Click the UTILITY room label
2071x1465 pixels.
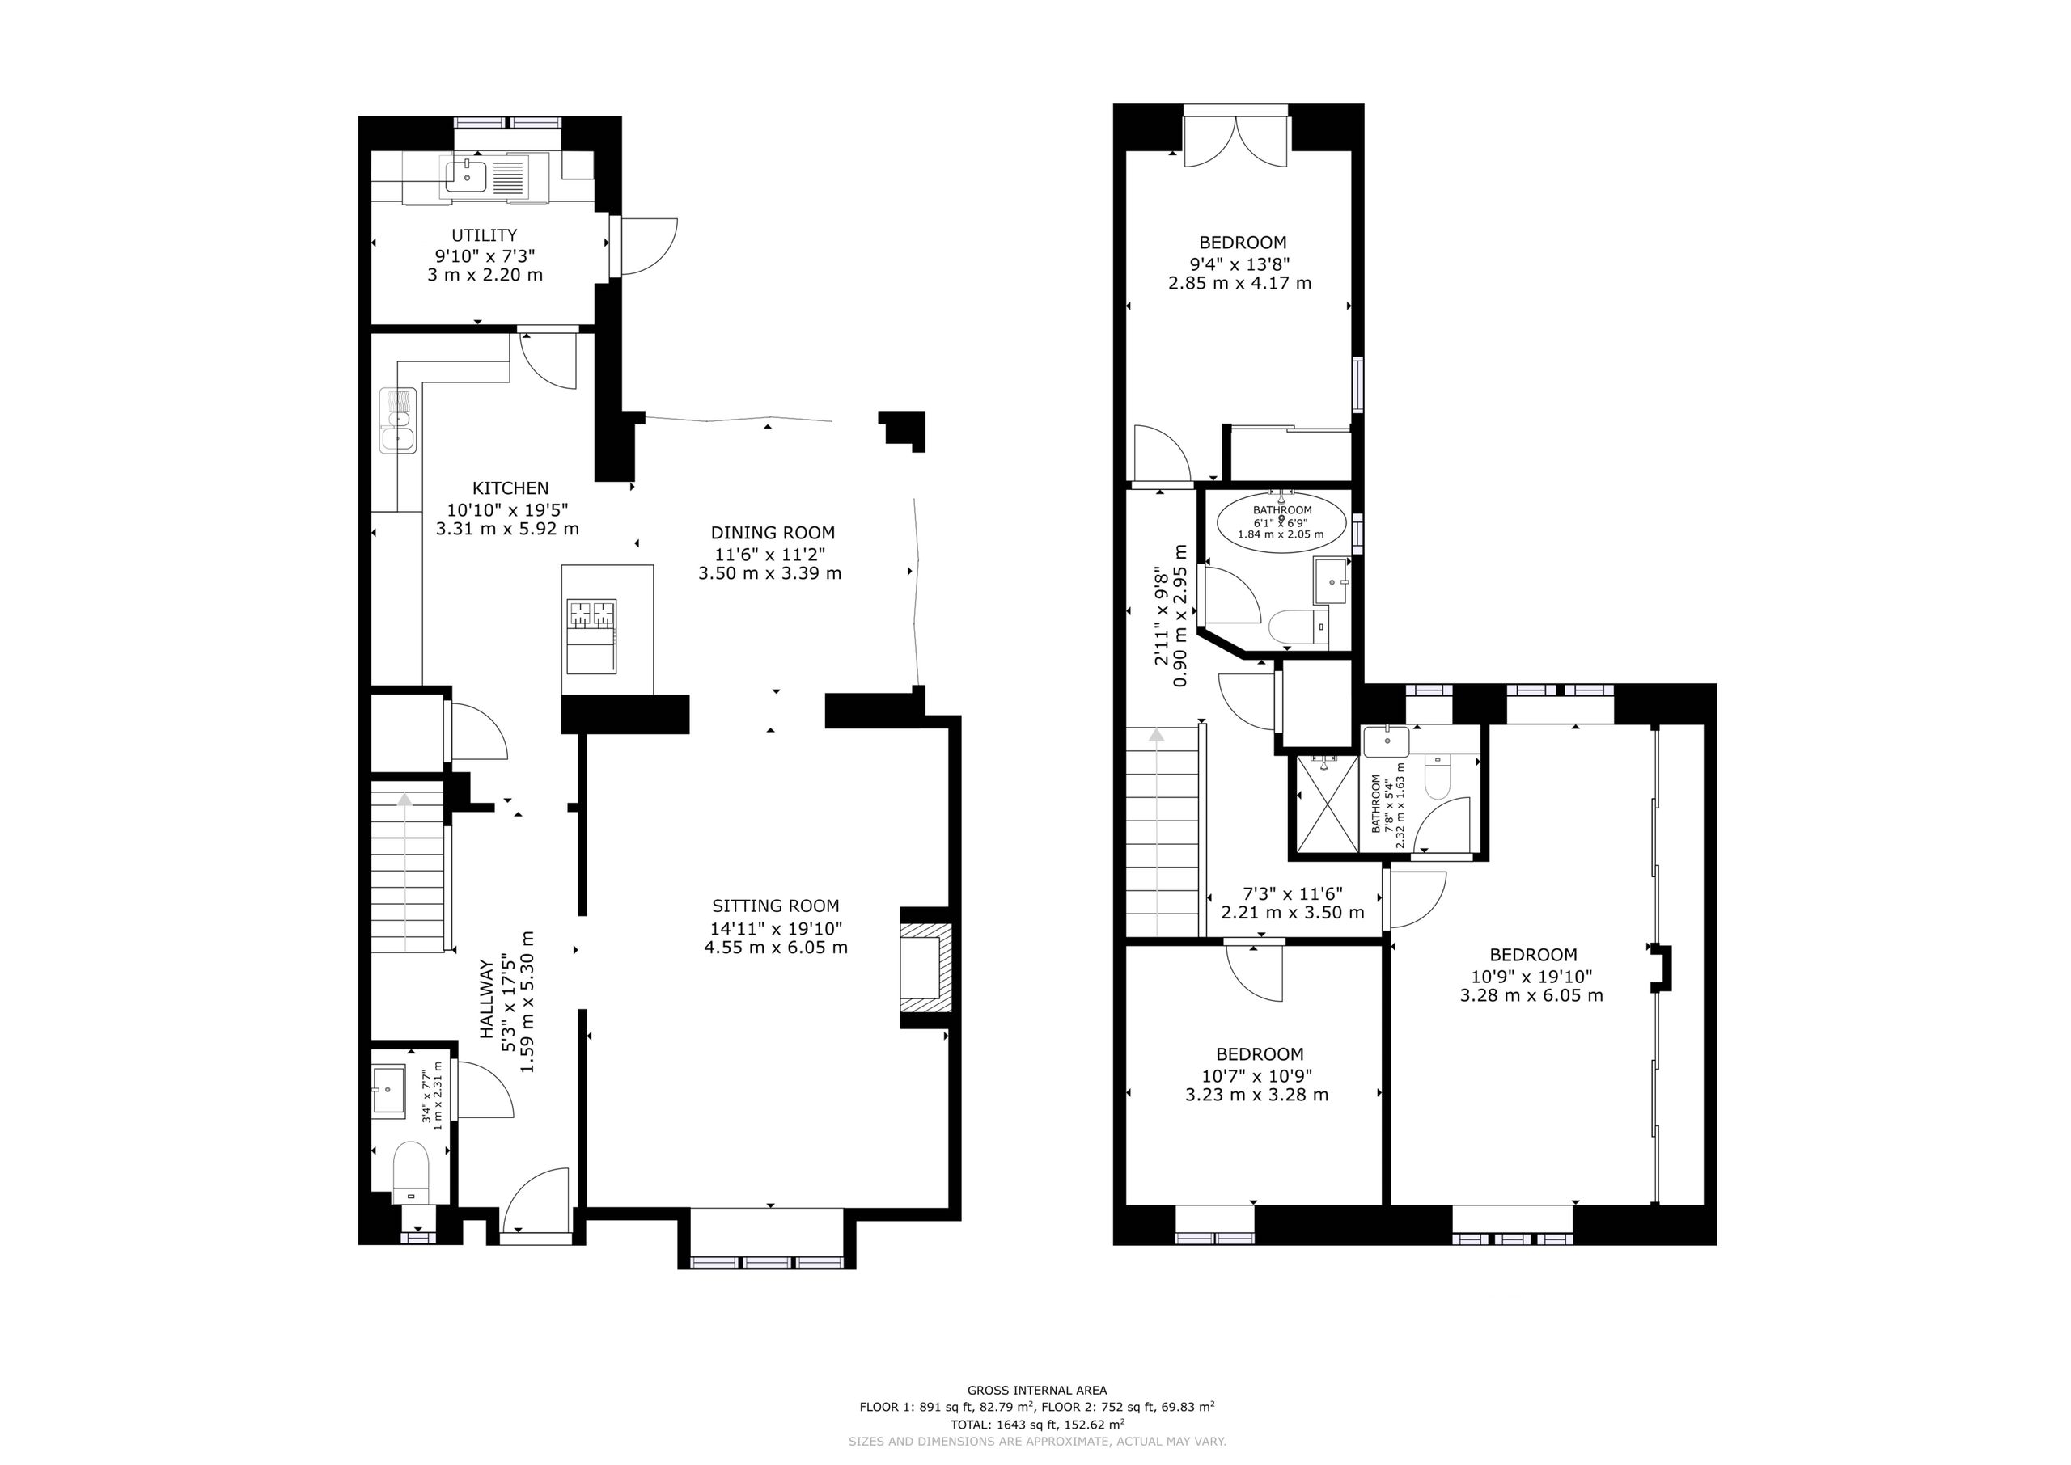click(x=485, y=235)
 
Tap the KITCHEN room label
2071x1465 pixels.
click(x=510, y=488)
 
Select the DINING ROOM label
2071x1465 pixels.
click(x=773, y=533)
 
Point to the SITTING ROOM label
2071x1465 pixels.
click(x=775, y=906)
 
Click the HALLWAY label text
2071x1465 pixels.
click(x=487, y=1000)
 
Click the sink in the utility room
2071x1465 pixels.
click(x=466, y=176)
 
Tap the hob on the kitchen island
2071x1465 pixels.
click(x=591, y=614)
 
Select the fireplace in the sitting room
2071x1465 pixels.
click(x=925, y=967)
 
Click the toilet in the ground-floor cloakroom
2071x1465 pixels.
click(x=411, y=1171)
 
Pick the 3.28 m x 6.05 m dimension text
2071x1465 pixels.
click(x=1531, y=996)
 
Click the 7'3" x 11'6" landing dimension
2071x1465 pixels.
click(x=1292, y=893)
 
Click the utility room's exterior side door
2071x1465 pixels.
click(x=643, y=245)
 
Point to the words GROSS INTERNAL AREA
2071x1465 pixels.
click(x=1037, y=1390)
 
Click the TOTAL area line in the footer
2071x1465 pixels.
click(x=1037, y=1425)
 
